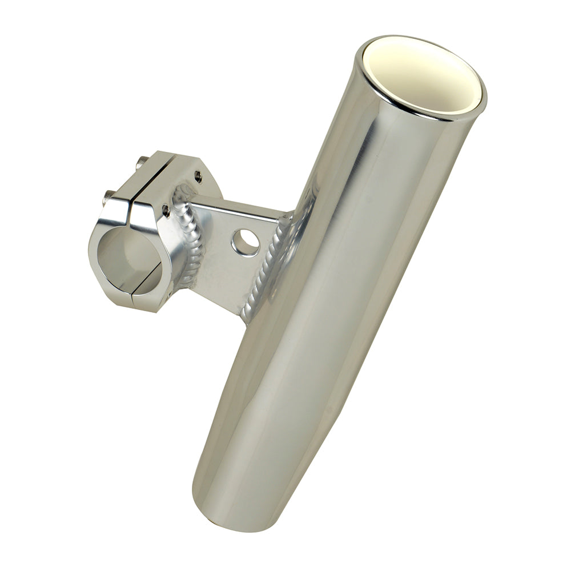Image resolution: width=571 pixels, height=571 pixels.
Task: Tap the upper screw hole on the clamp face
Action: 198,176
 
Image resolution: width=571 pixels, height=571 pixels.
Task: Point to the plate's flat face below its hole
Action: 228,280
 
